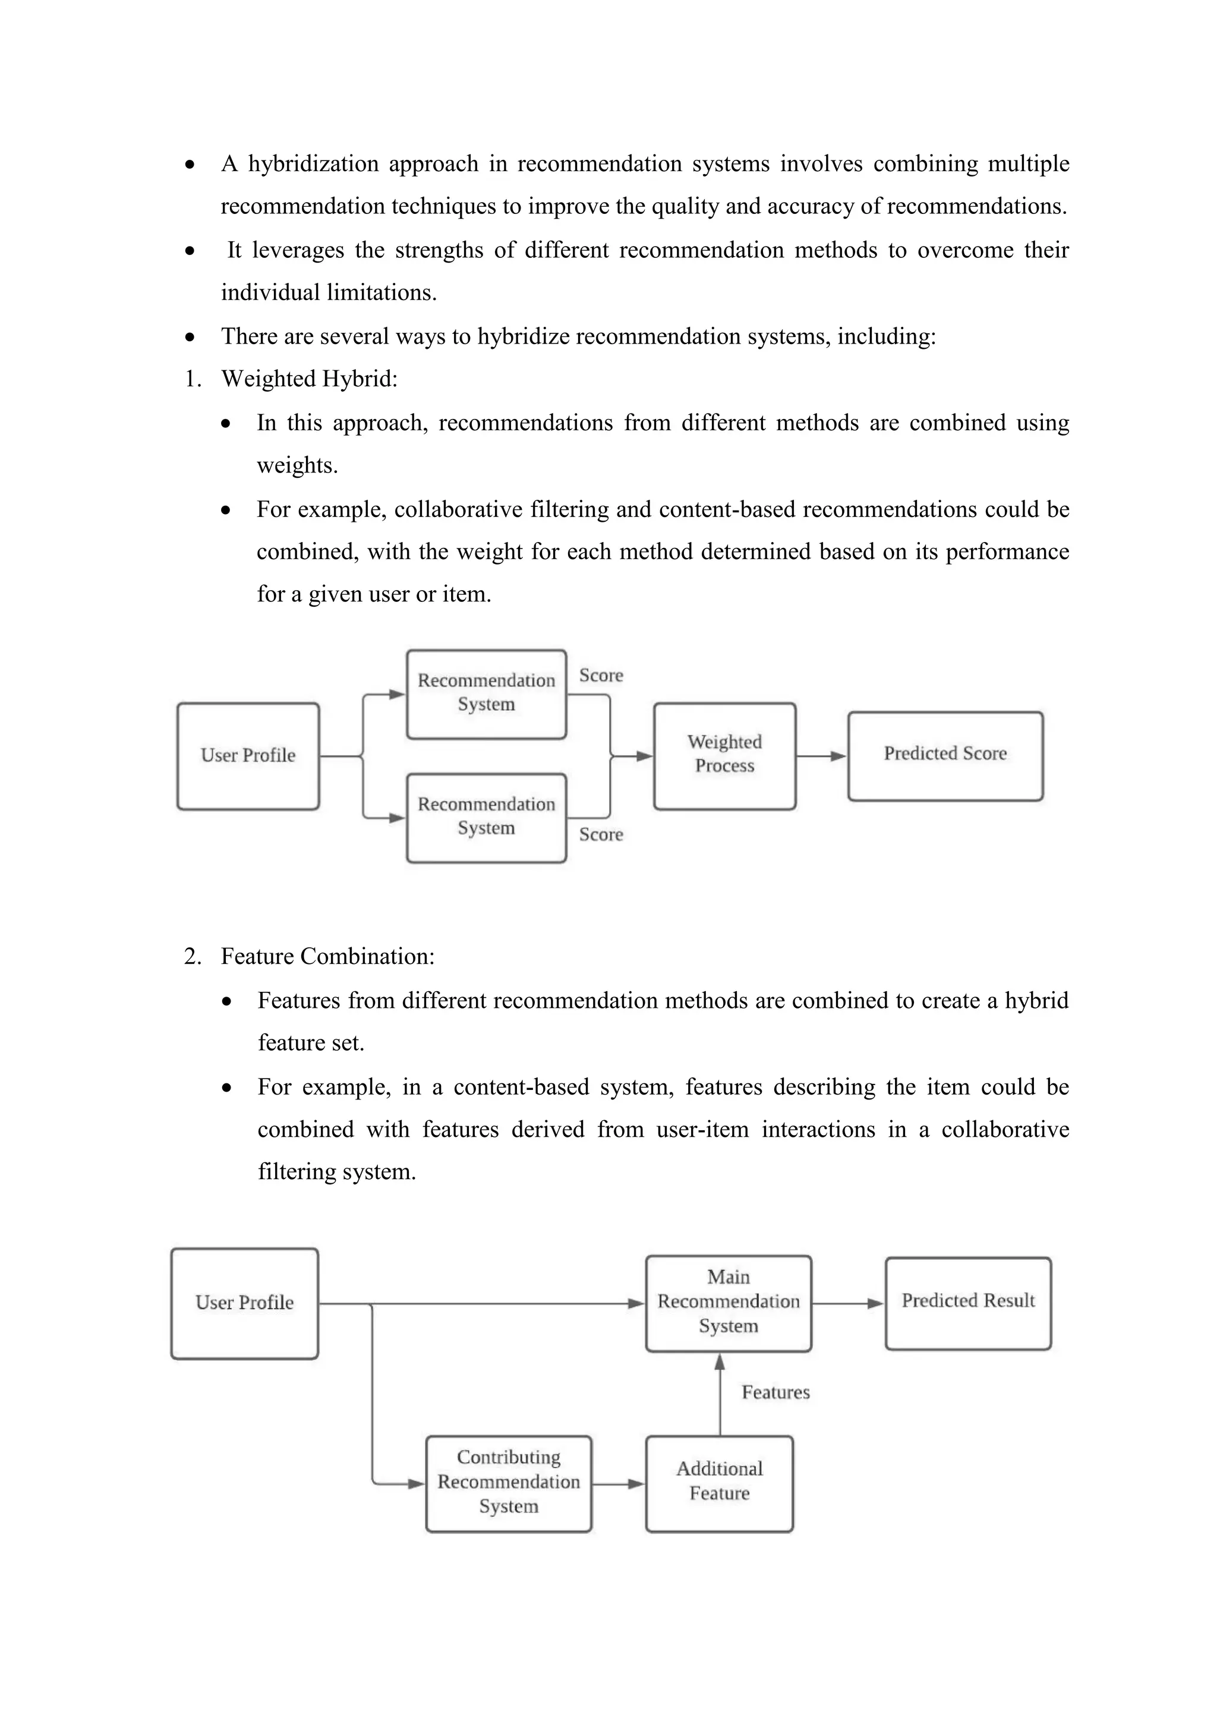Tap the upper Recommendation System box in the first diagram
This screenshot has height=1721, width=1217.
point(485,694)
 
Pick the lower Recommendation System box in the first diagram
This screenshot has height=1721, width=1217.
point(485,817)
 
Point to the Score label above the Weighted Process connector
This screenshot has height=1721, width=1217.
point(600,675)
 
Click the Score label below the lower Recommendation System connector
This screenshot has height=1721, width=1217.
point(600,834)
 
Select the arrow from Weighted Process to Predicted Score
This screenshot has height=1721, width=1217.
point(821,757)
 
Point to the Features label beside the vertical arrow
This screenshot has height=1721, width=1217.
point(775,1392)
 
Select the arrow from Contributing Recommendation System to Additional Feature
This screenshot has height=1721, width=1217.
point(618,1483)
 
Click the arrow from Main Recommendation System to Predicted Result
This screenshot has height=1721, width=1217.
point(847,1303)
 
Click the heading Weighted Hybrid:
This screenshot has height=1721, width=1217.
point(309,379)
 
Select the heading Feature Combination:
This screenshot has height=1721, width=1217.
point(327,956)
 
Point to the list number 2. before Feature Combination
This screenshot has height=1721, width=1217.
point(192,956)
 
